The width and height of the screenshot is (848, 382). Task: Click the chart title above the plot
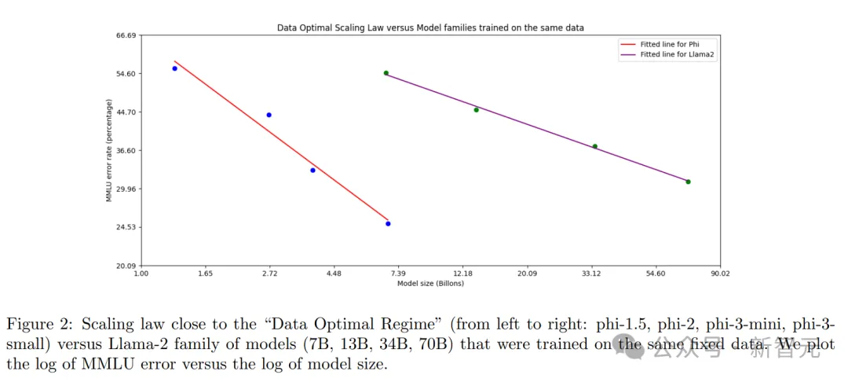point(430,28)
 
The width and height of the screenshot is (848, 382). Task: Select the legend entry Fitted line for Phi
point(670,45)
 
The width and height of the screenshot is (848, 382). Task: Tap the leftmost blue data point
point(174,68)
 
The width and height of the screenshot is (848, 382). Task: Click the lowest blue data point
point(388,224)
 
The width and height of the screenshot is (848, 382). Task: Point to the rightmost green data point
point(688,182)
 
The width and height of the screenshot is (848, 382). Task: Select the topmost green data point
point(386,73)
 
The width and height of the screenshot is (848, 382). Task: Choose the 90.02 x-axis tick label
point(720,274)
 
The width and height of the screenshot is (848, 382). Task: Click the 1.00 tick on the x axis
point(141,274)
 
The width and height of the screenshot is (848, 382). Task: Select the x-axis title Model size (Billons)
point(430,284)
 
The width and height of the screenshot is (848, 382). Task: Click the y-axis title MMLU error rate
point(109,150)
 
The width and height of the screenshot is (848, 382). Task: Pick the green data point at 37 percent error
point(594,146)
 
